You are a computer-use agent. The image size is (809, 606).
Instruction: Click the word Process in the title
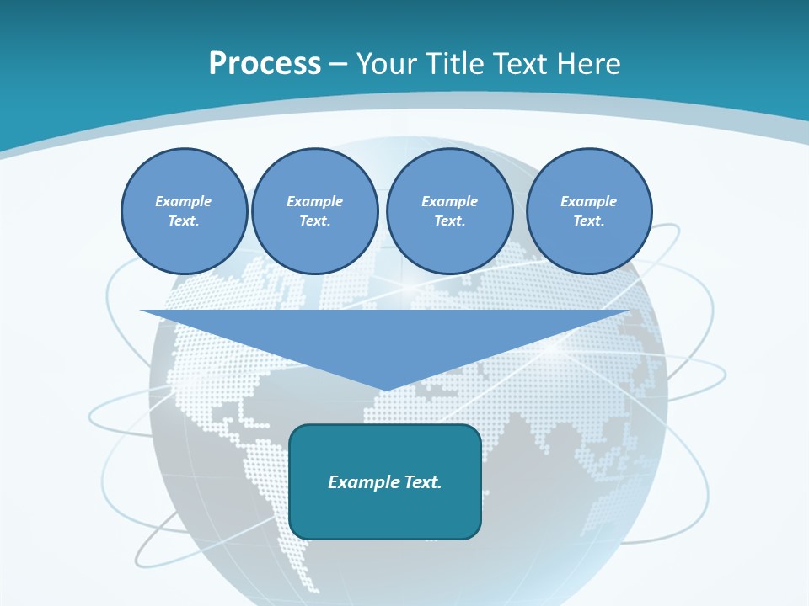[x=265, y=64]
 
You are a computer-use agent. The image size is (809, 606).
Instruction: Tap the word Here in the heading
[x=588, y=64]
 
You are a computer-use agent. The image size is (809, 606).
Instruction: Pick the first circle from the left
[x=184, y=210]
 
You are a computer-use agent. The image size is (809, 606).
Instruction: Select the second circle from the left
[x=314, y=210]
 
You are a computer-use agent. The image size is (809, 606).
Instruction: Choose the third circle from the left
[x=449, y=210]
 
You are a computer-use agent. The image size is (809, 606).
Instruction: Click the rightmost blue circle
[x=588, y=210]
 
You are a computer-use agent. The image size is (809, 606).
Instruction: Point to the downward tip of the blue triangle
[x=385, y=388]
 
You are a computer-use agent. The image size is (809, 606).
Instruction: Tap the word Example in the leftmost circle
[x=184, y=201]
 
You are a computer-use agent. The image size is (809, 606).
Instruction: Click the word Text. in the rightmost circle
[x=588, y=221]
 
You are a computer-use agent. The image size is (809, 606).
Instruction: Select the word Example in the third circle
[x=449, y=201]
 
